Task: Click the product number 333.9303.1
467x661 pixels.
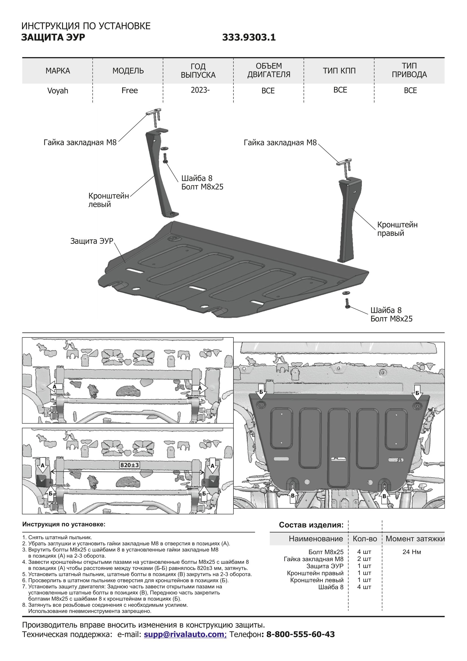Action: click(249, 37)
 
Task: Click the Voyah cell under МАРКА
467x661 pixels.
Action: click(58, 91)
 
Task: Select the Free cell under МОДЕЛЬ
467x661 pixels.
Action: click(129, 90)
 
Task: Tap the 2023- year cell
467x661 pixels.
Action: click(200, 90)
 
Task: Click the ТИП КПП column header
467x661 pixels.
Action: click(339, 71)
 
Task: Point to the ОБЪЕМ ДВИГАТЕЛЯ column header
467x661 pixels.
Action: click(269, 70)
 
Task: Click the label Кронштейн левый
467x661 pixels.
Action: click(108, 200)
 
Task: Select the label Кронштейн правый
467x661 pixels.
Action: click(397, 229)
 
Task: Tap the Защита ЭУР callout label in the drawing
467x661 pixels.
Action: click(92, 241)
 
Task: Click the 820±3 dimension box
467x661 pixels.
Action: click(129, 465)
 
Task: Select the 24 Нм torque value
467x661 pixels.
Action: click(411, 552)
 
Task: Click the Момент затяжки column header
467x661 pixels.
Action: click(415, 539)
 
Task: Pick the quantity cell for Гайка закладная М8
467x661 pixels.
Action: click(364, 559)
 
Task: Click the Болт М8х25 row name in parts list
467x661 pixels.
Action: click(326, 552)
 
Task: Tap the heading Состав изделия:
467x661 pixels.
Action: click(311, 525)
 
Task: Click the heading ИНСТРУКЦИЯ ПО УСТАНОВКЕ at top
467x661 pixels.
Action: click(86, 26)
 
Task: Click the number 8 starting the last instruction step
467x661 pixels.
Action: click(24, 605)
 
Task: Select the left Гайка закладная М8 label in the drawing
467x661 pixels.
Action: click(80, 142)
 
